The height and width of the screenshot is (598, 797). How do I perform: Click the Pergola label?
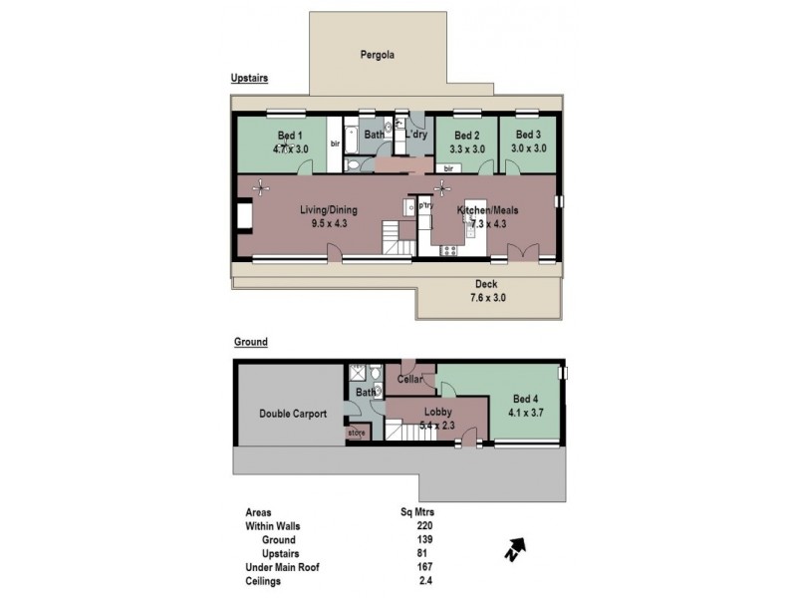[378, 56]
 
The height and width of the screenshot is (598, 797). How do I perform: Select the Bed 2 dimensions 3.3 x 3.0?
[467, 149]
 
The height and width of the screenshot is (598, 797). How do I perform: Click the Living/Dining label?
[328, 210]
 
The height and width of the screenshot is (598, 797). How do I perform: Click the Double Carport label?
[293, 414]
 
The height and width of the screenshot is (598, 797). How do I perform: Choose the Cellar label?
[410, 379]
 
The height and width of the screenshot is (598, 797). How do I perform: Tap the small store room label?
[357, 433]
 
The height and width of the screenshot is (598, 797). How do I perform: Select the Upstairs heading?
[251, 77]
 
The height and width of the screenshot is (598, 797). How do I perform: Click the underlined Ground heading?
[251, 342]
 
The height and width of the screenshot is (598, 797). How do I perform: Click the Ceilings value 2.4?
[426, 581]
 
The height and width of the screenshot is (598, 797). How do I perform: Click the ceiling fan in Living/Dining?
[262, 185]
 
